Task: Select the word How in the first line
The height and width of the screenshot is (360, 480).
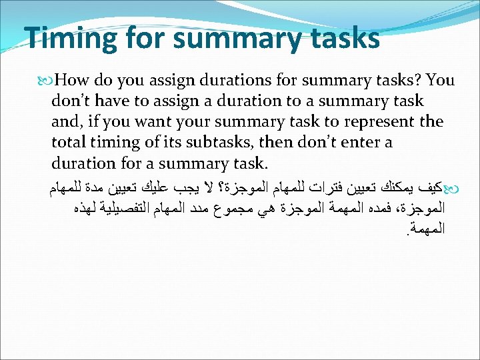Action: tap(73, 81)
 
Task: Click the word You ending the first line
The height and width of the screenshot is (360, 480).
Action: tap(440, 81)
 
